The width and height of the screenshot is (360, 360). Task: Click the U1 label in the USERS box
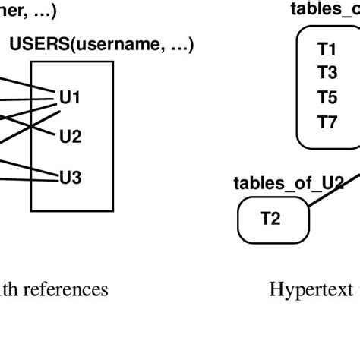tap(70, 98)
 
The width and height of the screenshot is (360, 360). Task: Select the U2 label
tap(70, 137)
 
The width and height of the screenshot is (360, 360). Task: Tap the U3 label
tap(70, 178)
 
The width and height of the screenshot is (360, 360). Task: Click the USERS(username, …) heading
tap(101, 46)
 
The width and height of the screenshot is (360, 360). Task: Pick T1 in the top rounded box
tap(327, 49)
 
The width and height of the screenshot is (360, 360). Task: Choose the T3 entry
tap(327, 73)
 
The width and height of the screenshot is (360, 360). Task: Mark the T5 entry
tap(327, 97)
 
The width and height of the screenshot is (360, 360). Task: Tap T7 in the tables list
tap(327, 122)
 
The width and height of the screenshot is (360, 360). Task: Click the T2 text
tap(270, 219)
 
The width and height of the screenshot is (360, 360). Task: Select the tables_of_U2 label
tap(289, 183)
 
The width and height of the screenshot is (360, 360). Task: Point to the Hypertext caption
tap(311, 289)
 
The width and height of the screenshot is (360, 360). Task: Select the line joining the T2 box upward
tap(330, 190)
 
